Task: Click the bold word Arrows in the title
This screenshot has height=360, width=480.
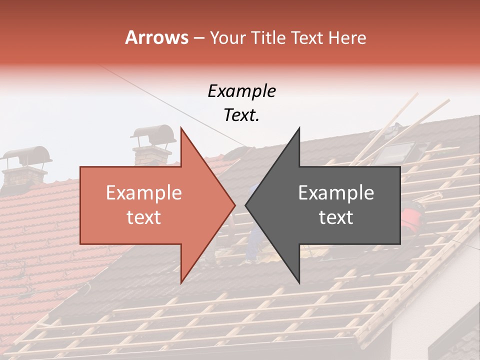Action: coord(156,37)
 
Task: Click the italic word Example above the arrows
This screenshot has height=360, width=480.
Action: coord(241,91)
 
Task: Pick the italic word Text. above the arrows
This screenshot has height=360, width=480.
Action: coord(241,115)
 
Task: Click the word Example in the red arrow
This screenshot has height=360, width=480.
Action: coord(143,193)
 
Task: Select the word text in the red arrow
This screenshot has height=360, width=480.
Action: coord(143,217)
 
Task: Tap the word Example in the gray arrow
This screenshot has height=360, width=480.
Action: coord(336,193)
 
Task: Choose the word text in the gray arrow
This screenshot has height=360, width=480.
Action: coord(336,217)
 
